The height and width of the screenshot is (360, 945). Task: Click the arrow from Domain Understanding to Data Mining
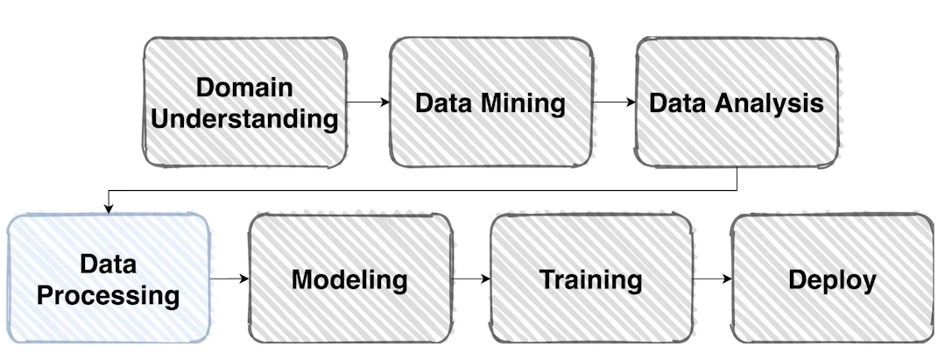[368, 102]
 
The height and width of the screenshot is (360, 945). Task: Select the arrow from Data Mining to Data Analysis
[614, 102]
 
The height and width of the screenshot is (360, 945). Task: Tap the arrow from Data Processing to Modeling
[229, 279]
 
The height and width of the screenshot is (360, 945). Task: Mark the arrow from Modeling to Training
[471, 279]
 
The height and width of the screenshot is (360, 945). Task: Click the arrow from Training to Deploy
[712, 279]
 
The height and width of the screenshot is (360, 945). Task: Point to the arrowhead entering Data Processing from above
[109, 208]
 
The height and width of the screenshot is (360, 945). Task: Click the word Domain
[244, 88]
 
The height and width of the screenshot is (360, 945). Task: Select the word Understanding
[244, 118]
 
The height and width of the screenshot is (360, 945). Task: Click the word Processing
[109, 294]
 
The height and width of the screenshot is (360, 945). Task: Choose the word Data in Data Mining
[444, 102]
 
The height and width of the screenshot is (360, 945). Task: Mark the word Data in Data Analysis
[678, 102]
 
